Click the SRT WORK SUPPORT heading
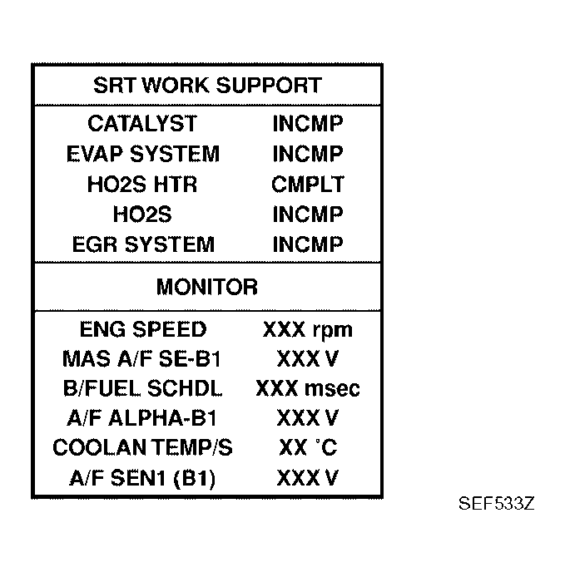[206, 85]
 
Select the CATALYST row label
[142, 124]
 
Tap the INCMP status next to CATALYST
[307, 124]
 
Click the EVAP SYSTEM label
[142, 154]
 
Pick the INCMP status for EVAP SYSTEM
[307, 154]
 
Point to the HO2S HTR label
[142, 184]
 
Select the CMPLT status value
[307, 184]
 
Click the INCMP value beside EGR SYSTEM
[307, 244]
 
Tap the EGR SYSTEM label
[142, 244]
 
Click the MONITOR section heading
[206, 288]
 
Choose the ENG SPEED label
[142, 329]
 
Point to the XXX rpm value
[307, 330]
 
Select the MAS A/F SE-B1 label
[142, 359]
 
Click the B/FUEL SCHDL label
[142, 389]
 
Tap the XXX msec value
[307, 389]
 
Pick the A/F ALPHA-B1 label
[142, 418]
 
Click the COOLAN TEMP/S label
[142, 448]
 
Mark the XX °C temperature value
[307, 448]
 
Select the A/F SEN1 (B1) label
[142, 478]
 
